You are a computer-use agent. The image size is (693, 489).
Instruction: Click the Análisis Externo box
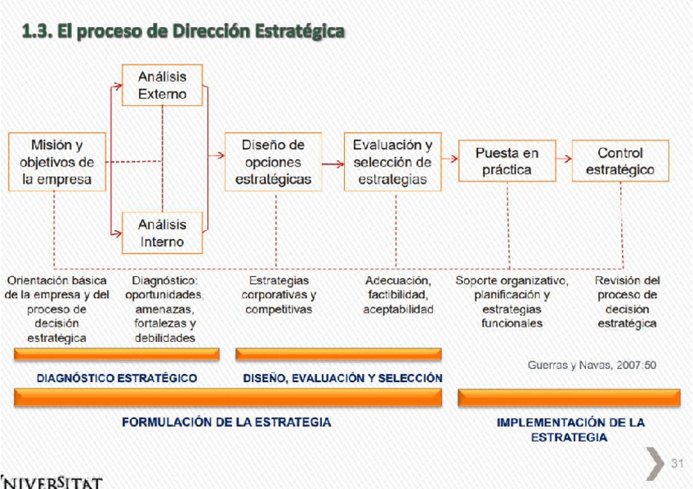click(162, 85)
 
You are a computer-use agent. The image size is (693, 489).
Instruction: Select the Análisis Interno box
click(162, 233)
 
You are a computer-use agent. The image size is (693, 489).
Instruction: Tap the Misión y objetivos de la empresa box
click(57, 162)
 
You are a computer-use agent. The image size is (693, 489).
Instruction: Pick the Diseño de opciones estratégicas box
click(273, 162)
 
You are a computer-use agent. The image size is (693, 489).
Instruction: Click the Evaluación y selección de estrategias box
click(392, 162)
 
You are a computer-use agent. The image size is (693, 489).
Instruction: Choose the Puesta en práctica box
click(507, 161)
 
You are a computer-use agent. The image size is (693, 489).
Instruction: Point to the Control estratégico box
click(620, 161)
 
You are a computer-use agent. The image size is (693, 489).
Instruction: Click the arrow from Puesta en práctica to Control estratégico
click(563, 160)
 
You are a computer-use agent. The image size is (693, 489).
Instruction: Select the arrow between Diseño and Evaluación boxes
click(333, 163)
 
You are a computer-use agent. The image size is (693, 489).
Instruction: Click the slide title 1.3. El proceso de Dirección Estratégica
click(183, 32)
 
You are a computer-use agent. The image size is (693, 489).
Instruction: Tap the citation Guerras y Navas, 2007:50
click(592, 365)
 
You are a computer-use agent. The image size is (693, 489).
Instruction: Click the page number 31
click(677, 464)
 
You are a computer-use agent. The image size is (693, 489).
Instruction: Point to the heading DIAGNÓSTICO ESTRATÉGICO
click(117, 378)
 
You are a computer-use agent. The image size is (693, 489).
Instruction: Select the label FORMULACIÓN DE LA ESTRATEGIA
click(226, 422)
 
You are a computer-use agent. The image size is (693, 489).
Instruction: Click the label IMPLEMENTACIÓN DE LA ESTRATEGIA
click(570, 429)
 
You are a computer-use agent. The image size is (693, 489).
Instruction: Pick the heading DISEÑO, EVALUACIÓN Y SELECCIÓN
click(342, 378)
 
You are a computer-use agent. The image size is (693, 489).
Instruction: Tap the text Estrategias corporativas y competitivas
click(279, 295)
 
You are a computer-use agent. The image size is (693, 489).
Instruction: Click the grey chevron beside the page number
click(655, 463)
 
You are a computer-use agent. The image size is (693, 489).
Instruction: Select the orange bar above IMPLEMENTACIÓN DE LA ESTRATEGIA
click(569, 398)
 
